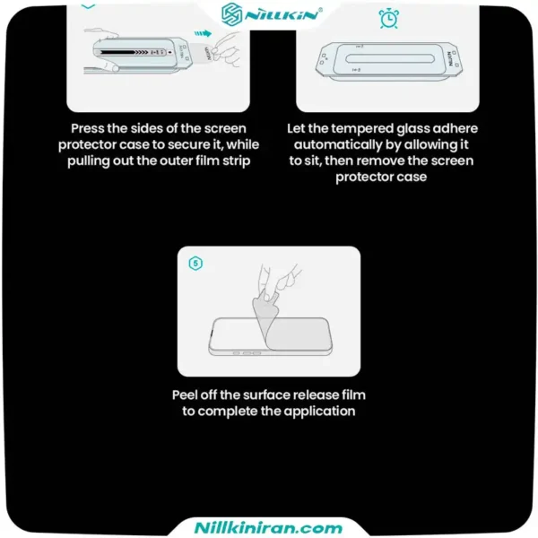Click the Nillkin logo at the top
[272, 14]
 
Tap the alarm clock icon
[389, 19]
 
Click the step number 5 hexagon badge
[195, 264]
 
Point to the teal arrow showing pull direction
[203, 34]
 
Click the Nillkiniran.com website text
[268, 527]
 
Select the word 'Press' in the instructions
[87, 128]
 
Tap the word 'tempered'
[362, 129]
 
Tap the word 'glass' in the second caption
[412, 129]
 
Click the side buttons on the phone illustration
[247, 352]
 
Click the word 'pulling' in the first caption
[89, 161]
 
